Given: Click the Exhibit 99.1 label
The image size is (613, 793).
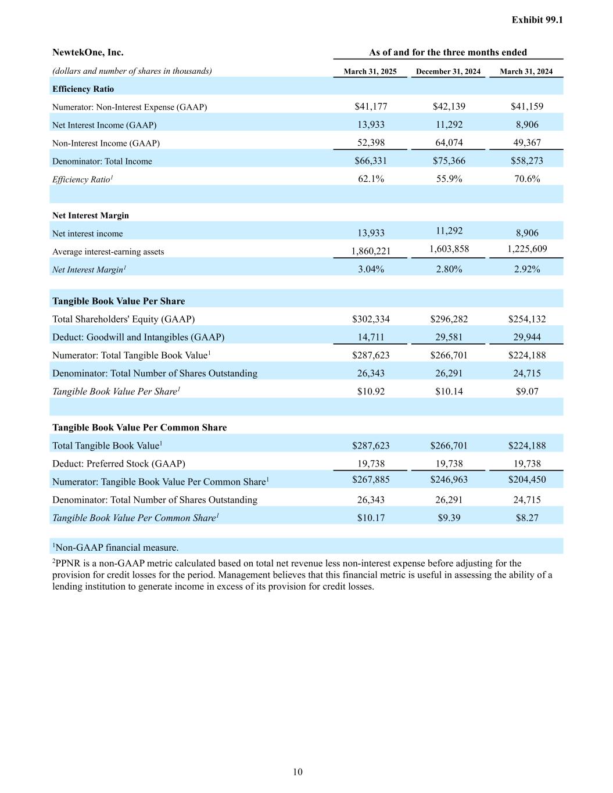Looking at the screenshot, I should pyautogui.click(x=537, y=20).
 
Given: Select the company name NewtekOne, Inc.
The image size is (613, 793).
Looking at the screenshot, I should pyautogui.click(x=88, y=52).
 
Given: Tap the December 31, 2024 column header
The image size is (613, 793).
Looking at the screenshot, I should pyautogui.click(x=448, y=71).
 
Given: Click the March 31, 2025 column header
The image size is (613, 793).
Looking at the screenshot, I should pyautogui.click(x=370, y=71).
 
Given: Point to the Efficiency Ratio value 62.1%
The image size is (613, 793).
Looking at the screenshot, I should pyautogui.click(x=371, y=179).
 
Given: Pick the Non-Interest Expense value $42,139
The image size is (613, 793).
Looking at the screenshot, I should pyautogui.click(x=449, y=106).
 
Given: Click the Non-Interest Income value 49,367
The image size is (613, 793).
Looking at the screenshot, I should pyautogui.click(x=526, y=142).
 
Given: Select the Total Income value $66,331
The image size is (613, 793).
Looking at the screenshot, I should pyautogui.click(x=371, y=161).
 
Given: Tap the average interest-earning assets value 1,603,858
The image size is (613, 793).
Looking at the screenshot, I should pyautogui.click(x=449, y=249).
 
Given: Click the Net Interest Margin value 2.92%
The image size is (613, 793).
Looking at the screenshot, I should pyautogui.click(x=526, y=269).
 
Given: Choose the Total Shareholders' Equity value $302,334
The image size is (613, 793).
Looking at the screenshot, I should pyautogui.click(x=371, y=319).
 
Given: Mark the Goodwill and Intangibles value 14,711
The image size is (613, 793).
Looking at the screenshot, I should pyautogui.click(x=371, y=337).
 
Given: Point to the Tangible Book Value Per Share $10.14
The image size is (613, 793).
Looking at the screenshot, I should pyautogui.click(x=449, y=391).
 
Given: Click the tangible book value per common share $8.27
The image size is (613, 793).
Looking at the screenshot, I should pyautogui.click(x=526, y=518).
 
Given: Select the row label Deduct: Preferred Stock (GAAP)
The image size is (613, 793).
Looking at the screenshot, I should pyautogui.click(x=119, y=464).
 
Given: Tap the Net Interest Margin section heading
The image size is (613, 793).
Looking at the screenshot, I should pyautogui.click(x=91, y=216).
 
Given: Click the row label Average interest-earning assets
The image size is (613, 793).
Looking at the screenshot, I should pyautogui.click(x=108, y=252).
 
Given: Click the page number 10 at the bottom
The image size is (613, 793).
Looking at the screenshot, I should pyautogui.click(x=297, y=772).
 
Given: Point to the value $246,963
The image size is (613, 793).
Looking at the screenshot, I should pyautogui.click(x=449, y=479).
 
